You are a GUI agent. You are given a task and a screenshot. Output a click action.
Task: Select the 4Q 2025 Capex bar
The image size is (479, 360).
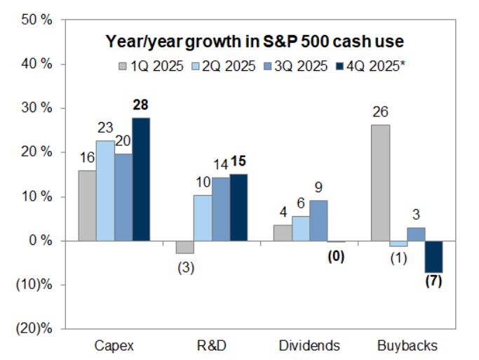(141, 179)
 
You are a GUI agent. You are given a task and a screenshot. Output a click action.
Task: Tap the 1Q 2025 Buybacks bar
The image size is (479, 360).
(381, 182)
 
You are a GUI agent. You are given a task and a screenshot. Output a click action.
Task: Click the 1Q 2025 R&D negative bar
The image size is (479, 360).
(184, 247)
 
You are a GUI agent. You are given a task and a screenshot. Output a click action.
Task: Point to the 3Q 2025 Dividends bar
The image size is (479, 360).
(318, 220)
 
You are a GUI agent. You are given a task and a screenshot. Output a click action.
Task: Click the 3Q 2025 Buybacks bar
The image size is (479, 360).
(417, 234)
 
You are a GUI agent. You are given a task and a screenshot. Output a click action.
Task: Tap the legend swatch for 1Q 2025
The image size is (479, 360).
(123, 67)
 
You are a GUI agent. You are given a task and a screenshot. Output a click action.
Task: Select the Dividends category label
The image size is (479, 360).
(309, 345)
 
